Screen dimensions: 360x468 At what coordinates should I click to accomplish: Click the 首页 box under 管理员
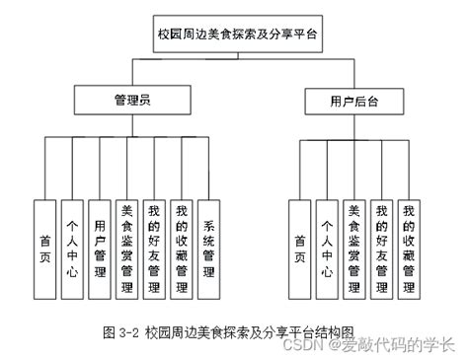click(44, 248)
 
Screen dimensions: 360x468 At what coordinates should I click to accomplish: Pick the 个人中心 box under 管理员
click(72, 248)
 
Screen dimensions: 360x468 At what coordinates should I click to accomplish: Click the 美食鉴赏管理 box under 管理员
click(126, 248)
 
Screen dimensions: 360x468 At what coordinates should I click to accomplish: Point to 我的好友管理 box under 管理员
click(154, 248)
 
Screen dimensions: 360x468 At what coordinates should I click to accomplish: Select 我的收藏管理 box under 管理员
click(182, 248)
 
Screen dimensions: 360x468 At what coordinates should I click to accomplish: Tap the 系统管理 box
click(209, 248)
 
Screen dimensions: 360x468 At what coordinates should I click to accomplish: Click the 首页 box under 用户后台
click(299, 248)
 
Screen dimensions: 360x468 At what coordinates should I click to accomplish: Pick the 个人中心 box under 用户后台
click(327, 248)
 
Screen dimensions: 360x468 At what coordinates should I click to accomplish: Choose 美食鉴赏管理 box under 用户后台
click(354, 248)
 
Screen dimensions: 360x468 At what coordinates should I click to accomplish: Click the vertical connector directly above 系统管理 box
click(209, 168)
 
